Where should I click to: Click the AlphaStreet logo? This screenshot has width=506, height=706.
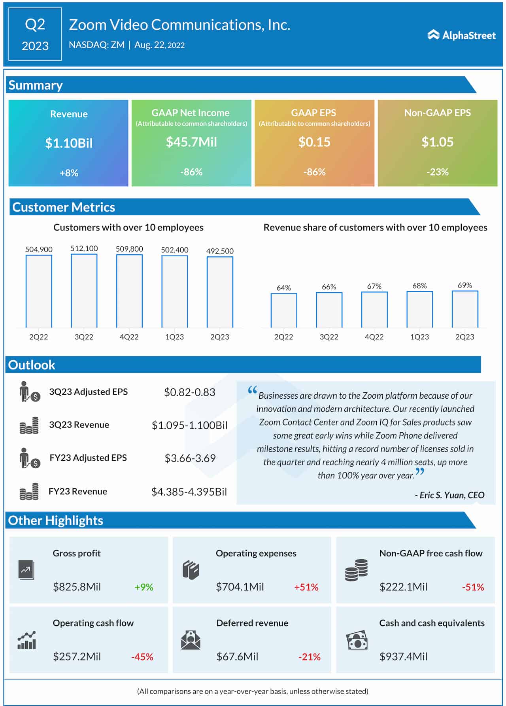(x=461, y=35)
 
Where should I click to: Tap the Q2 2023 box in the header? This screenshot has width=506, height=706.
(x=35, y=34)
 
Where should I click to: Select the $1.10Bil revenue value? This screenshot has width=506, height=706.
(x=69, y=143)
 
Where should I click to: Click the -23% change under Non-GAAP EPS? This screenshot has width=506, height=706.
(x=437, y=172)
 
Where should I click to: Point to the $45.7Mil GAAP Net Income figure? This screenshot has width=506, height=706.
(x=191, y=142)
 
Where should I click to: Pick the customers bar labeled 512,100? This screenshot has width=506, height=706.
(x=84, y=291)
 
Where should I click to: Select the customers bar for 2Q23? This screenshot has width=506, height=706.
(x=220, y=292)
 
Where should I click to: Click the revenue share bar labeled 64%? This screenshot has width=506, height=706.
(x=283, y=310)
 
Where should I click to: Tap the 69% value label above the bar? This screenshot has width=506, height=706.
(x=464, y=285)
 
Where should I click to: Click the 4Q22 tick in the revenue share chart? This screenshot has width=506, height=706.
(x=374, y=337)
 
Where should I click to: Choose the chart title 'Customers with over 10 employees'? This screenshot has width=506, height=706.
(x=128, y=227)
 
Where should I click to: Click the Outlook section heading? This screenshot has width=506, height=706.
(x=32, y=365)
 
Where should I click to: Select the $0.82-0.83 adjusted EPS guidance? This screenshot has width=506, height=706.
(x=190, y=392)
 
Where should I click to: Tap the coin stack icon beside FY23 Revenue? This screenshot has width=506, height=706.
(x=29, y=492)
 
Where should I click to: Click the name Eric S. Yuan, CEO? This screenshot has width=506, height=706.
(x=449, y=495)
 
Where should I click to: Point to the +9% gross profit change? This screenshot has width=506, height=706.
(x=144, y=587)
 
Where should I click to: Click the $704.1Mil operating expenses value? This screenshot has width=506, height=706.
(x=240, y=587)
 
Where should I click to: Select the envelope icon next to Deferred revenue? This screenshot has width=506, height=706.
(x=191, y=640)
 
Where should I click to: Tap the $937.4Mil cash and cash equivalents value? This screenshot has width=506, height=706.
(x=403, y=657)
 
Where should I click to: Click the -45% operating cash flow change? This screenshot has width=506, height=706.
(x=142, y=657)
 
